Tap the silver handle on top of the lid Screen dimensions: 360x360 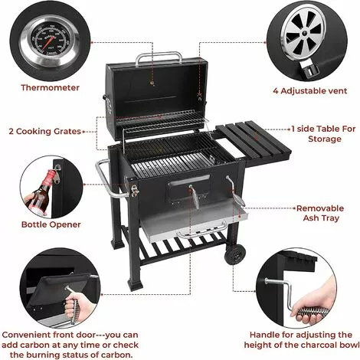click(159, 57)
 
